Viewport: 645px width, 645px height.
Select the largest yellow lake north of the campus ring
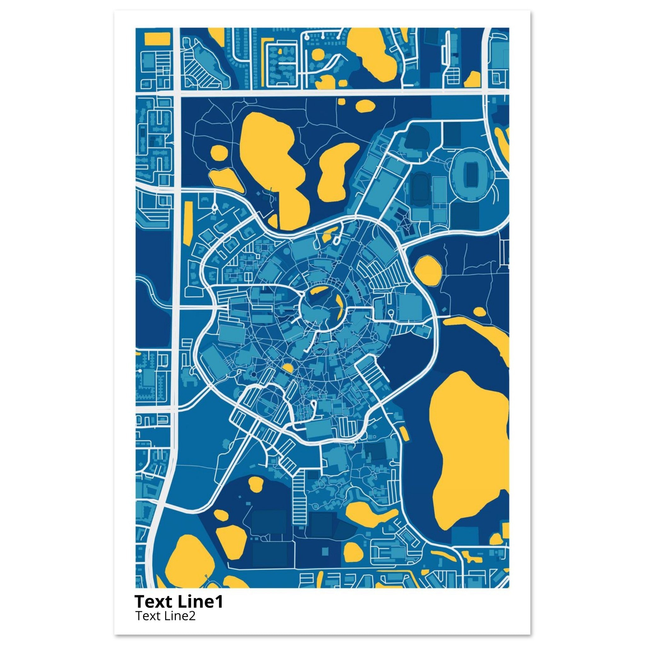tap(271, 157)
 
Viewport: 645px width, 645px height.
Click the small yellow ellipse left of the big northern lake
tap(220, 154)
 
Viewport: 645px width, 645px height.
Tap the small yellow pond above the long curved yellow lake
tap(479, 312)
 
